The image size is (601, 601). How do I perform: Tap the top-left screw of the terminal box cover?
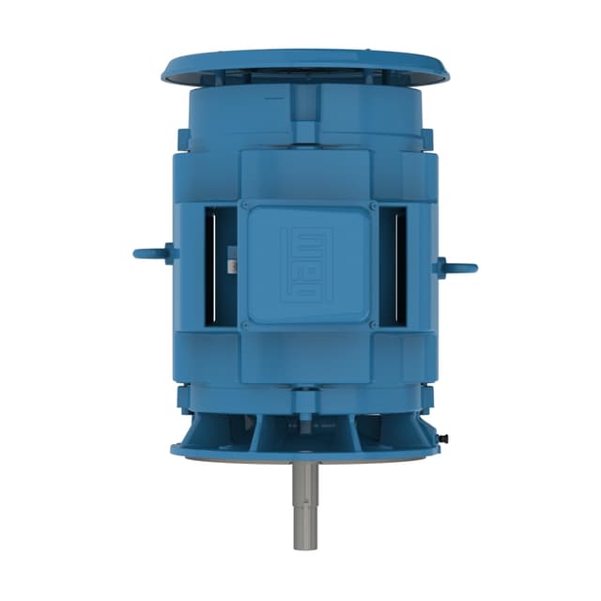244,204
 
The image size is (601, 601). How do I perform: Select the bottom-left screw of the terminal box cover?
244,325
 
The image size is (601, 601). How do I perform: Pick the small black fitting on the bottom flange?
443,438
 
